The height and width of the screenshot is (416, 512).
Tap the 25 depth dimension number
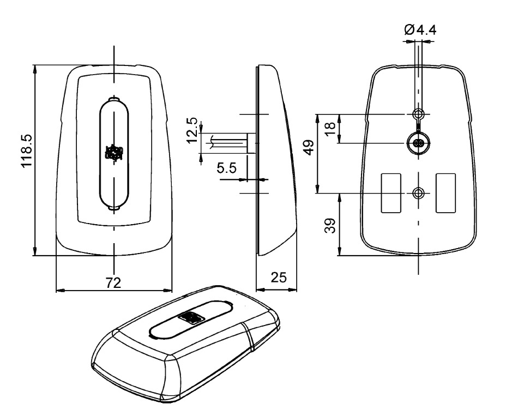click(279, 278)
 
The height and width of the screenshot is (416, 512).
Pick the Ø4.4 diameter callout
click(420, 29)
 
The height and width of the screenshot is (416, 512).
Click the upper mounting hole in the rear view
click(418, 114)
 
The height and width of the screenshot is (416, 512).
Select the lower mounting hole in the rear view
click(418, 193)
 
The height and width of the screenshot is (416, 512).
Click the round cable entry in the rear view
click(418, 143)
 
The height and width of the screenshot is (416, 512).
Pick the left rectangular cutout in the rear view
click(390, 193)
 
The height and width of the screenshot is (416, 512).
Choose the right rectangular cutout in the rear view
click(445, 193)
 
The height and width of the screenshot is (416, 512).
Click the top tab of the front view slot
click(115, 99)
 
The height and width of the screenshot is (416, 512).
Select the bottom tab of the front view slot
click(115, 208)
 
